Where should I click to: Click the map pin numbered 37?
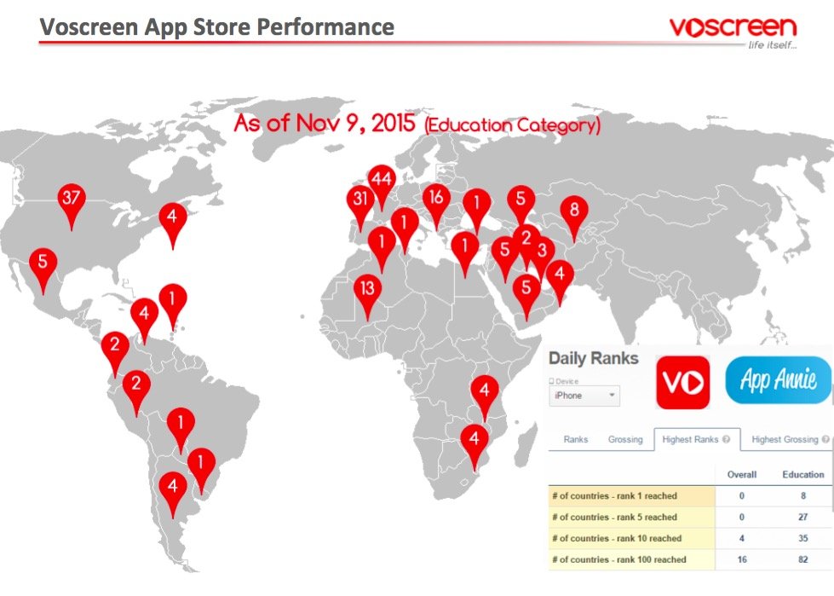pyautogui.click(x=72, y=200)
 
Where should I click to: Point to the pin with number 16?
pyautogui.click(x=437, y=198)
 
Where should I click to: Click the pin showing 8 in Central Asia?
pyautogui.click(x=574, y=211)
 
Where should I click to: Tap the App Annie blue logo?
pyautogui.click(x=778, y=379)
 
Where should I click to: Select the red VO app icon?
pyautogui.click(x=682, y=383)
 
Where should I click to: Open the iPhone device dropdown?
pyautogui.click(x=585, y=396)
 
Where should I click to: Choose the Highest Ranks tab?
pyautogui.click(x=697, y=440)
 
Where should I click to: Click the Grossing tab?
pyautogui.click(x=625, y=440)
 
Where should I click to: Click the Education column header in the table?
pyautogui.click(x=802, y=474)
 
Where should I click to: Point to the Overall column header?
pyautogui.click(x=741, y=474)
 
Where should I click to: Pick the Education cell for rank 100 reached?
pyautogui.click(x=802, y=559)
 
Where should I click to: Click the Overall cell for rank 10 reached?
pyautogui.click(x=741, y=538)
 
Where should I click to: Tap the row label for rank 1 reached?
pyautogui.click(x=614, y=495)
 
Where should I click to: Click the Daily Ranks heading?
pyautogui.click(x=593, y=358)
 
